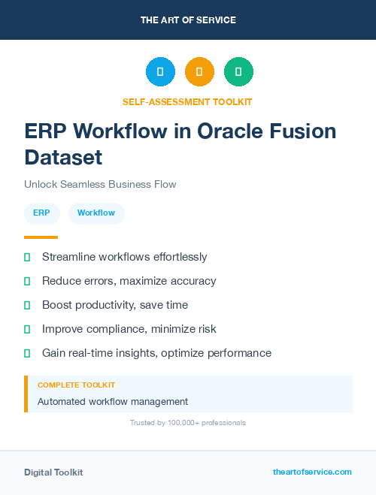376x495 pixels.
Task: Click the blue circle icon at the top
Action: (x=160, y=72)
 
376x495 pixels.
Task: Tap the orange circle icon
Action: (x=199, y=72)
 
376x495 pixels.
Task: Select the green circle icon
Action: (x=238, y=72)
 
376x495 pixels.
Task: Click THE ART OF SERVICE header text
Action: (x=188, y=20)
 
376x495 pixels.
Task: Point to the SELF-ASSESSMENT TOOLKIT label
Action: (x=187, y=101)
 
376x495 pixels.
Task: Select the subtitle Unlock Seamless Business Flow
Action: (x=100, y=184)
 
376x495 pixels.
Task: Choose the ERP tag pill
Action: (x=42, y=213)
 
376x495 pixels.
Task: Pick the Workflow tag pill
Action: (x=96, y=213)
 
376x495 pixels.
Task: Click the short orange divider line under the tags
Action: (x=41, y=237)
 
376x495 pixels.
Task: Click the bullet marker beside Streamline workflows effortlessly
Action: (x=27, y=257)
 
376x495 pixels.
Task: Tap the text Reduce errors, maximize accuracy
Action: (x=129, y=281)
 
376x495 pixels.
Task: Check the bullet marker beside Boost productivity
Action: (x=27, y=305)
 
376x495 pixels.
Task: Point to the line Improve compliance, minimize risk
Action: (x=129, y=329)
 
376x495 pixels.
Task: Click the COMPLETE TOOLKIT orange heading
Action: (x=71, y=385)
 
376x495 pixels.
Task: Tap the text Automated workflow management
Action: (x=113, y=402)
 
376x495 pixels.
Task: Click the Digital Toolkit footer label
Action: (x=53, y=472)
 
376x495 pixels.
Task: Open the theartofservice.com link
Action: (x=312, y=472)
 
